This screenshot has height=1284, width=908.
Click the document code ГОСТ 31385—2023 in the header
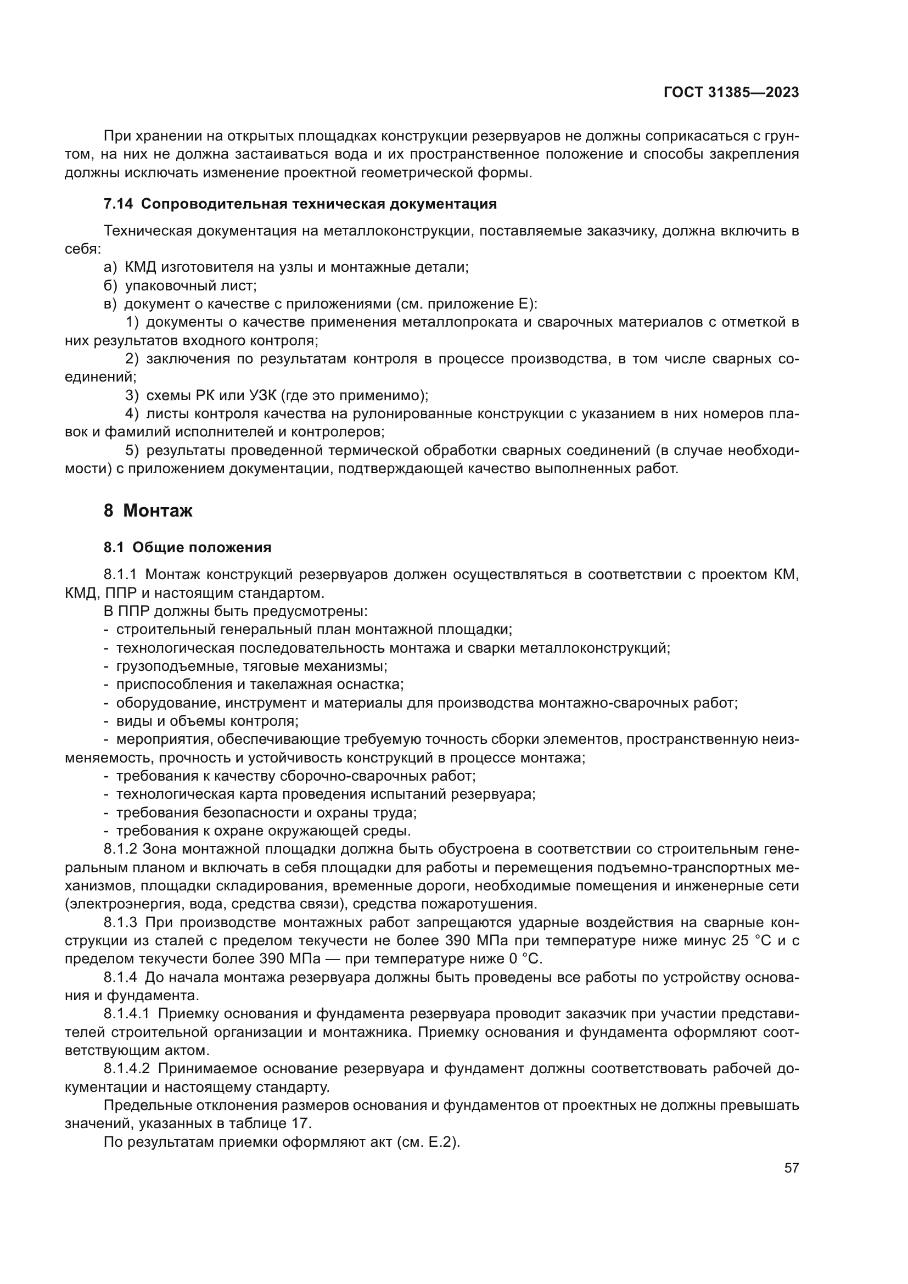(x=731, y=92)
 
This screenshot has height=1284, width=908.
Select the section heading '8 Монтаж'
(x=148, y=511)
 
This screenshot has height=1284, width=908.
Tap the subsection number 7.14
(x=118, y=204)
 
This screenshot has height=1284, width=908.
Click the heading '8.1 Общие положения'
(x=187, y=547)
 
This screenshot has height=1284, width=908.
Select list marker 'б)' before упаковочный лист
(x=111, y=286)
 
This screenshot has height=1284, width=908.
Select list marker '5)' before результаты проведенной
(x=132, y=451)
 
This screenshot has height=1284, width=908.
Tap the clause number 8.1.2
(x=120, y=849)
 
